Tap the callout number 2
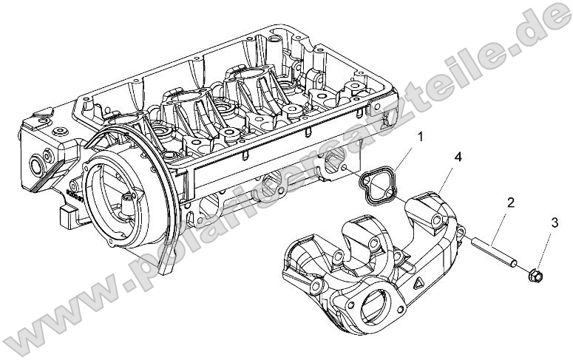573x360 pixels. tap(510, 202)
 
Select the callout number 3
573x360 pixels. tap(554, 223)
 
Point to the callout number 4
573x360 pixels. tap(458, 157)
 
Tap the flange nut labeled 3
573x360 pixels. tap(535, 276)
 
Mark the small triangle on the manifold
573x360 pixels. tap(418, 282)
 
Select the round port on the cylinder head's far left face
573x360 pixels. tap(35, 162)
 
